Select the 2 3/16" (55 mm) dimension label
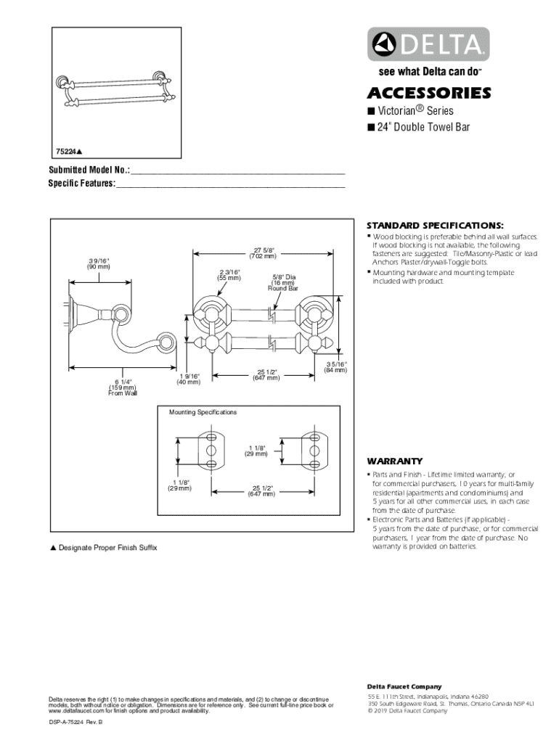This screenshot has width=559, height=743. point(229,275)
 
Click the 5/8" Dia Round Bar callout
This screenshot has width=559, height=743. point(283,282)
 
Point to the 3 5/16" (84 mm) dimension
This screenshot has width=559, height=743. point(335,367)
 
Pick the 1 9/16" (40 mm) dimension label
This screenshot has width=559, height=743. point(187,379)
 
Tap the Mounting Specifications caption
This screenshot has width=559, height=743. point(203,412)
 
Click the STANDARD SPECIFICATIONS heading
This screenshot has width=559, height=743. point(434,224)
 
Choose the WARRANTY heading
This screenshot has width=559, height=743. point(395,461)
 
